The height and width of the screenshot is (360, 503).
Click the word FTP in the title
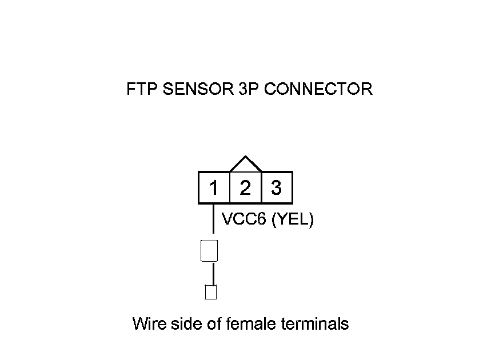[142, 89]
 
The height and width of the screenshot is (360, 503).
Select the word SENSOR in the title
[198, 89]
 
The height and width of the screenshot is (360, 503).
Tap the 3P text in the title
[248, 89]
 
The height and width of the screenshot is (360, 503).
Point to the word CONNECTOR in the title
[318, 89]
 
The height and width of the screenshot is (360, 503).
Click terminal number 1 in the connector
[214, 187]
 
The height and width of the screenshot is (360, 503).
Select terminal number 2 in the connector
[245, 187]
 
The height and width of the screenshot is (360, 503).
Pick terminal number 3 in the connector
[276, 187]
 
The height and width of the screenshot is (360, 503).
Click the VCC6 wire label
[244, 219]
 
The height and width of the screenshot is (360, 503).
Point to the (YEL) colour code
[292, 219]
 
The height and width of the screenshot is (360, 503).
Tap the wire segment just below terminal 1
[213, 219]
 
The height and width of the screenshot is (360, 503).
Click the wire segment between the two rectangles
[213, 274]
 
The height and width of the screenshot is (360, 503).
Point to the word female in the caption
[251, 323]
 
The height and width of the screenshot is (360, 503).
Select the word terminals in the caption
[315, 323]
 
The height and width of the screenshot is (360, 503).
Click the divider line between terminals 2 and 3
[262, 187]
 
